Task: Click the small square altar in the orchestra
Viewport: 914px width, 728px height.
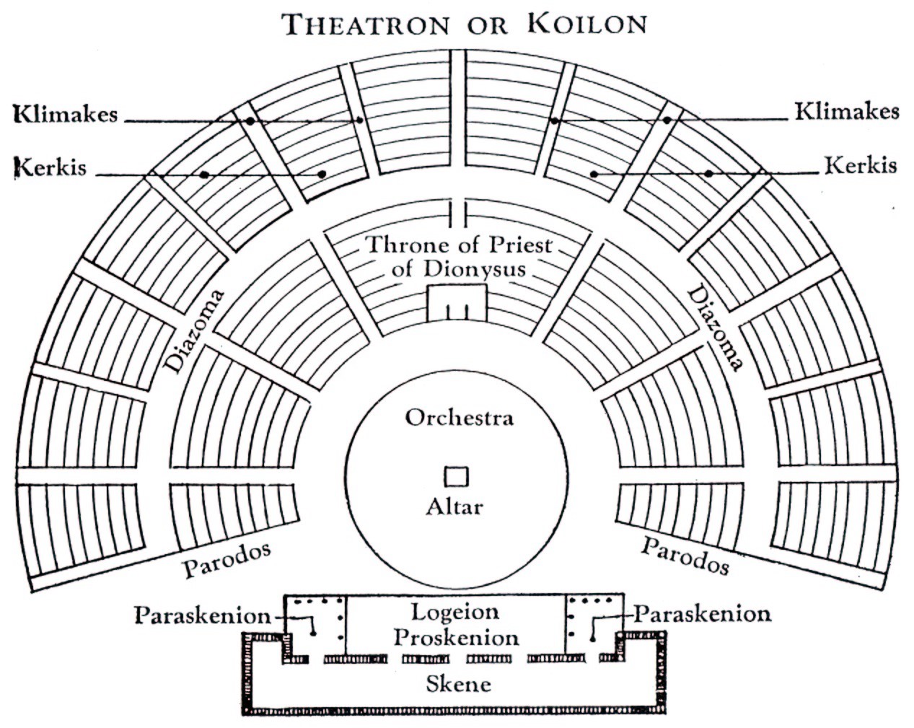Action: (456, 477)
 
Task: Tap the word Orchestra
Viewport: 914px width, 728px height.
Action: (459, 418)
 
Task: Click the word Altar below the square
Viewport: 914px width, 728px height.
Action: (454, 506)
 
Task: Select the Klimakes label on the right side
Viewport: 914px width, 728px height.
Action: (847, 112)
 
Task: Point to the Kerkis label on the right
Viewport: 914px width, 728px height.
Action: (861, 165)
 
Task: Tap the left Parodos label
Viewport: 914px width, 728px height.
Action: (227, 560)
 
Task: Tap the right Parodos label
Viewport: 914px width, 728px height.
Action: (685, 555)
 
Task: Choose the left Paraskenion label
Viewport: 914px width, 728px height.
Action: (202, 616)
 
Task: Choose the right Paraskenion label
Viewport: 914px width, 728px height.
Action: (702, 614)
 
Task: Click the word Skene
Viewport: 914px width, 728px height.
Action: (458, 683)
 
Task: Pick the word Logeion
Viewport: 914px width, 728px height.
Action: (455, 613)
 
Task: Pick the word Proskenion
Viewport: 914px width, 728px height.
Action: (456, 638)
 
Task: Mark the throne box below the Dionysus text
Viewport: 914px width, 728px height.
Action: (457, 302)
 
